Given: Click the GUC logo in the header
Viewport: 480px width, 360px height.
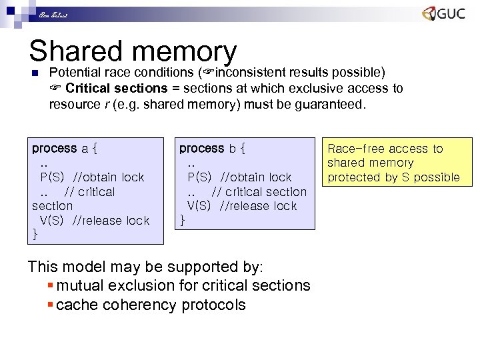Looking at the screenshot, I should (443, 14).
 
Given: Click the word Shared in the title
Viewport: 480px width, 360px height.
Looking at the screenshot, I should (75, 52).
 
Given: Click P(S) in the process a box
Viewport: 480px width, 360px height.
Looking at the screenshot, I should (51, 177).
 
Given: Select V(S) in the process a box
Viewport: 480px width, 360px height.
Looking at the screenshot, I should (51, 221).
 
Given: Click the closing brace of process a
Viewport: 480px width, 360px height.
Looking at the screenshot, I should (35, 235).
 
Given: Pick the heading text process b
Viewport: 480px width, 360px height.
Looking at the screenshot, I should (212, 148).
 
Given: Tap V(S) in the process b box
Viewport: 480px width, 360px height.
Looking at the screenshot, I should (199, 206).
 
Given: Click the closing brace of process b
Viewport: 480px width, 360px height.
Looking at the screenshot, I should (183, 221).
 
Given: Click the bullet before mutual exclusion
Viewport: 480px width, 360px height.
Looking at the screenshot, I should (51, 286).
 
